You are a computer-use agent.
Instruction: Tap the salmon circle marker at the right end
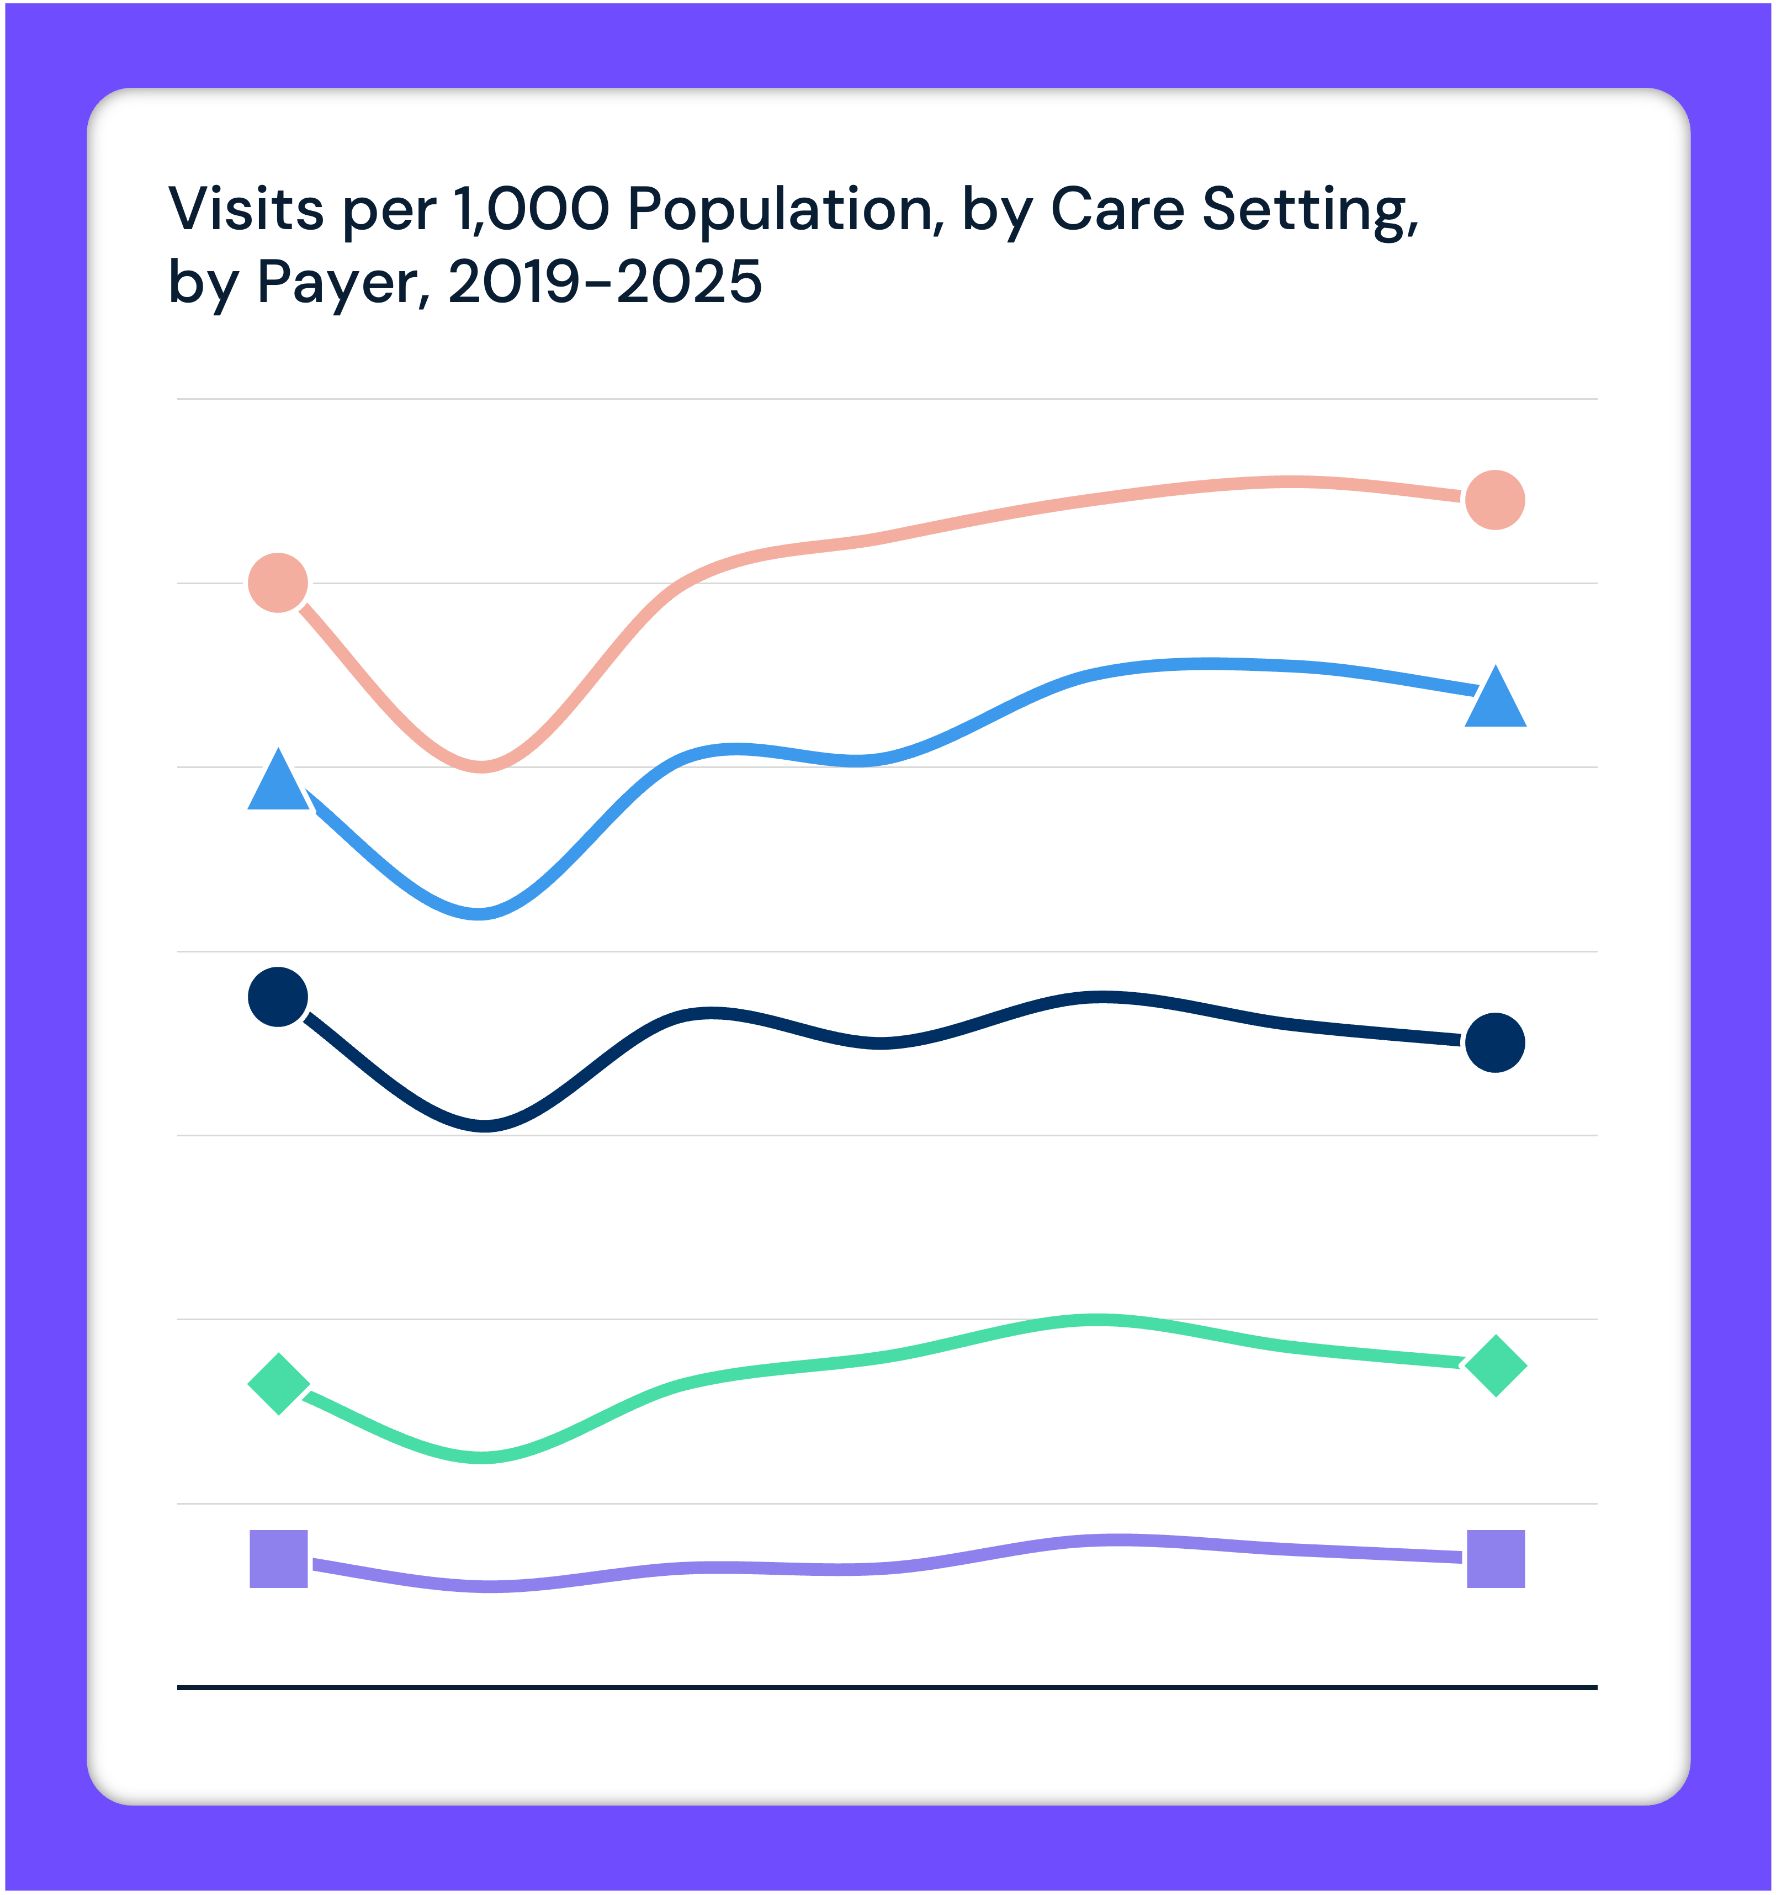pyautogui.click(x=1495, y=500)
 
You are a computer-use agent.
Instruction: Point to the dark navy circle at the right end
pyautogui.click(x=1495, y=1043)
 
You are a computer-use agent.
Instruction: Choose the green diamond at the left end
pyautogui.click(x=278, y=1384)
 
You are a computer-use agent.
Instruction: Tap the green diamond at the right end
pyautogui.click(x=1496, y=1366)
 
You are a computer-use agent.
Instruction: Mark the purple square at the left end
pyautogui.click(x=278, y=1559)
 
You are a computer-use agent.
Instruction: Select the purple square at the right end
pyautogui.click(x=1496, y=1559)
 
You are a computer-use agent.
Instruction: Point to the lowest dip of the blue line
pyautogui.click(x=479, y=914)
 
